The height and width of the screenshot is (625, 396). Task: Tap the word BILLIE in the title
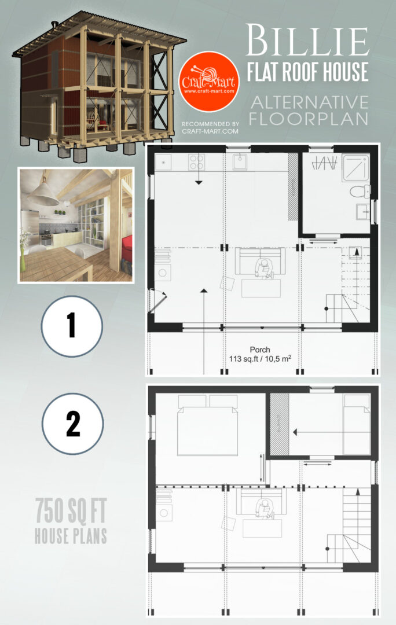tap(307, 42)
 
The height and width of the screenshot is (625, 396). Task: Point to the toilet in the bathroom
tap(358, 191)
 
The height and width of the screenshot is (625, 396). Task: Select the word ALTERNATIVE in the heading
tap(310, 102)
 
